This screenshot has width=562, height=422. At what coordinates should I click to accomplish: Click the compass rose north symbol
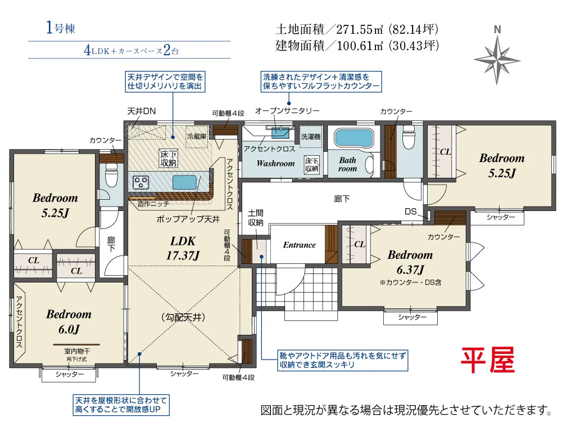click(497, 59)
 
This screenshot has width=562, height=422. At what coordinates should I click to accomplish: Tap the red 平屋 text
click(488, 360)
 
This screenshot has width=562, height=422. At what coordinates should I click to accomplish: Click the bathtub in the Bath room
click(353, 138)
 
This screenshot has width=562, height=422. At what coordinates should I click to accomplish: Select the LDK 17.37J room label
click(183, 248)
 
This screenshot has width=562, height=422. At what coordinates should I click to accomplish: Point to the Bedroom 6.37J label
click(410, 262)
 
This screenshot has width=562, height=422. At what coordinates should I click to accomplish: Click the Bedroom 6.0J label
click(69, 321)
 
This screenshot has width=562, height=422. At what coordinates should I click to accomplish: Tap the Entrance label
click(300, 245)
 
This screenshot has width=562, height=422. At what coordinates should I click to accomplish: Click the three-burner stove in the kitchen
click(141, 182)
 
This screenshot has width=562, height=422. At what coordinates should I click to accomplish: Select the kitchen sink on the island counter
click(184, 182)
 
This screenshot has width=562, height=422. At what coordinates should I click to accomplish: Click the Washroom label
click(275, 164)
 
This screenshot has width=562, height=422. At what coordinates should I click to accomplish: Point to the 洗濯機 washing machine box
click(311, 136)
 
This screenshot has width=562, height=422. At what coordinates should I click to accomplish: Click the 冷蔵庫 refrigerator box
click(197, 136)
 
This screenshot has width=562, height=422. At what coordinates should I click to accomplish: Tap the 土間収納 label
click(256, 218)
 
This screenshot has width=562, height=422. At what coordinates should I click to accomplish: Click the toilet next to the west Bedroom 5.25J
click(111, 175)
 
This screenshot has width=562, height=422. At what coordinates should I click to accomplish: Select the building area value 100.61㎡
click(360, 46)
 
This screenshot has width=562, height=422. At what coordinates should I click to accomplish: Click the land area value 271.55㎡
click(360, 29)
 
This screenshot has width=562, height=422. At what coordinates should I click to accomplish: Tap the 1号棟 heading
click(60, 28)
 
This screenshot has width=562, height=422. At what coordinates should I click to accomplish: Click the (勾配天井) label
click(183, 317)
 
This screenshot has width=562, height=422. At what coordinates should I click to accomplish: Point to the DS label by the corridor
click(411, 212)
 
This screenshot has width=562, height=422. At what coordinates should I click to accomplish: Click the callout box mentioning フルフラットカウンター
click(321, 82)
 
